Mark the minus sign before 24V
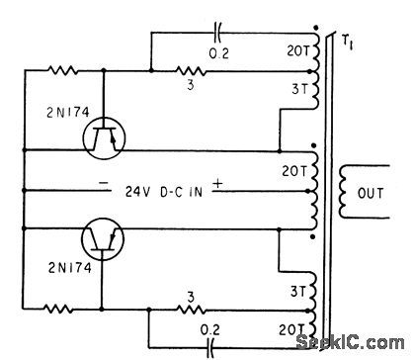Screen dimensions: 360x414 103,184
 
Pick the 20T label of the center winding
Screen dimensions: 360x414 293,170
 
